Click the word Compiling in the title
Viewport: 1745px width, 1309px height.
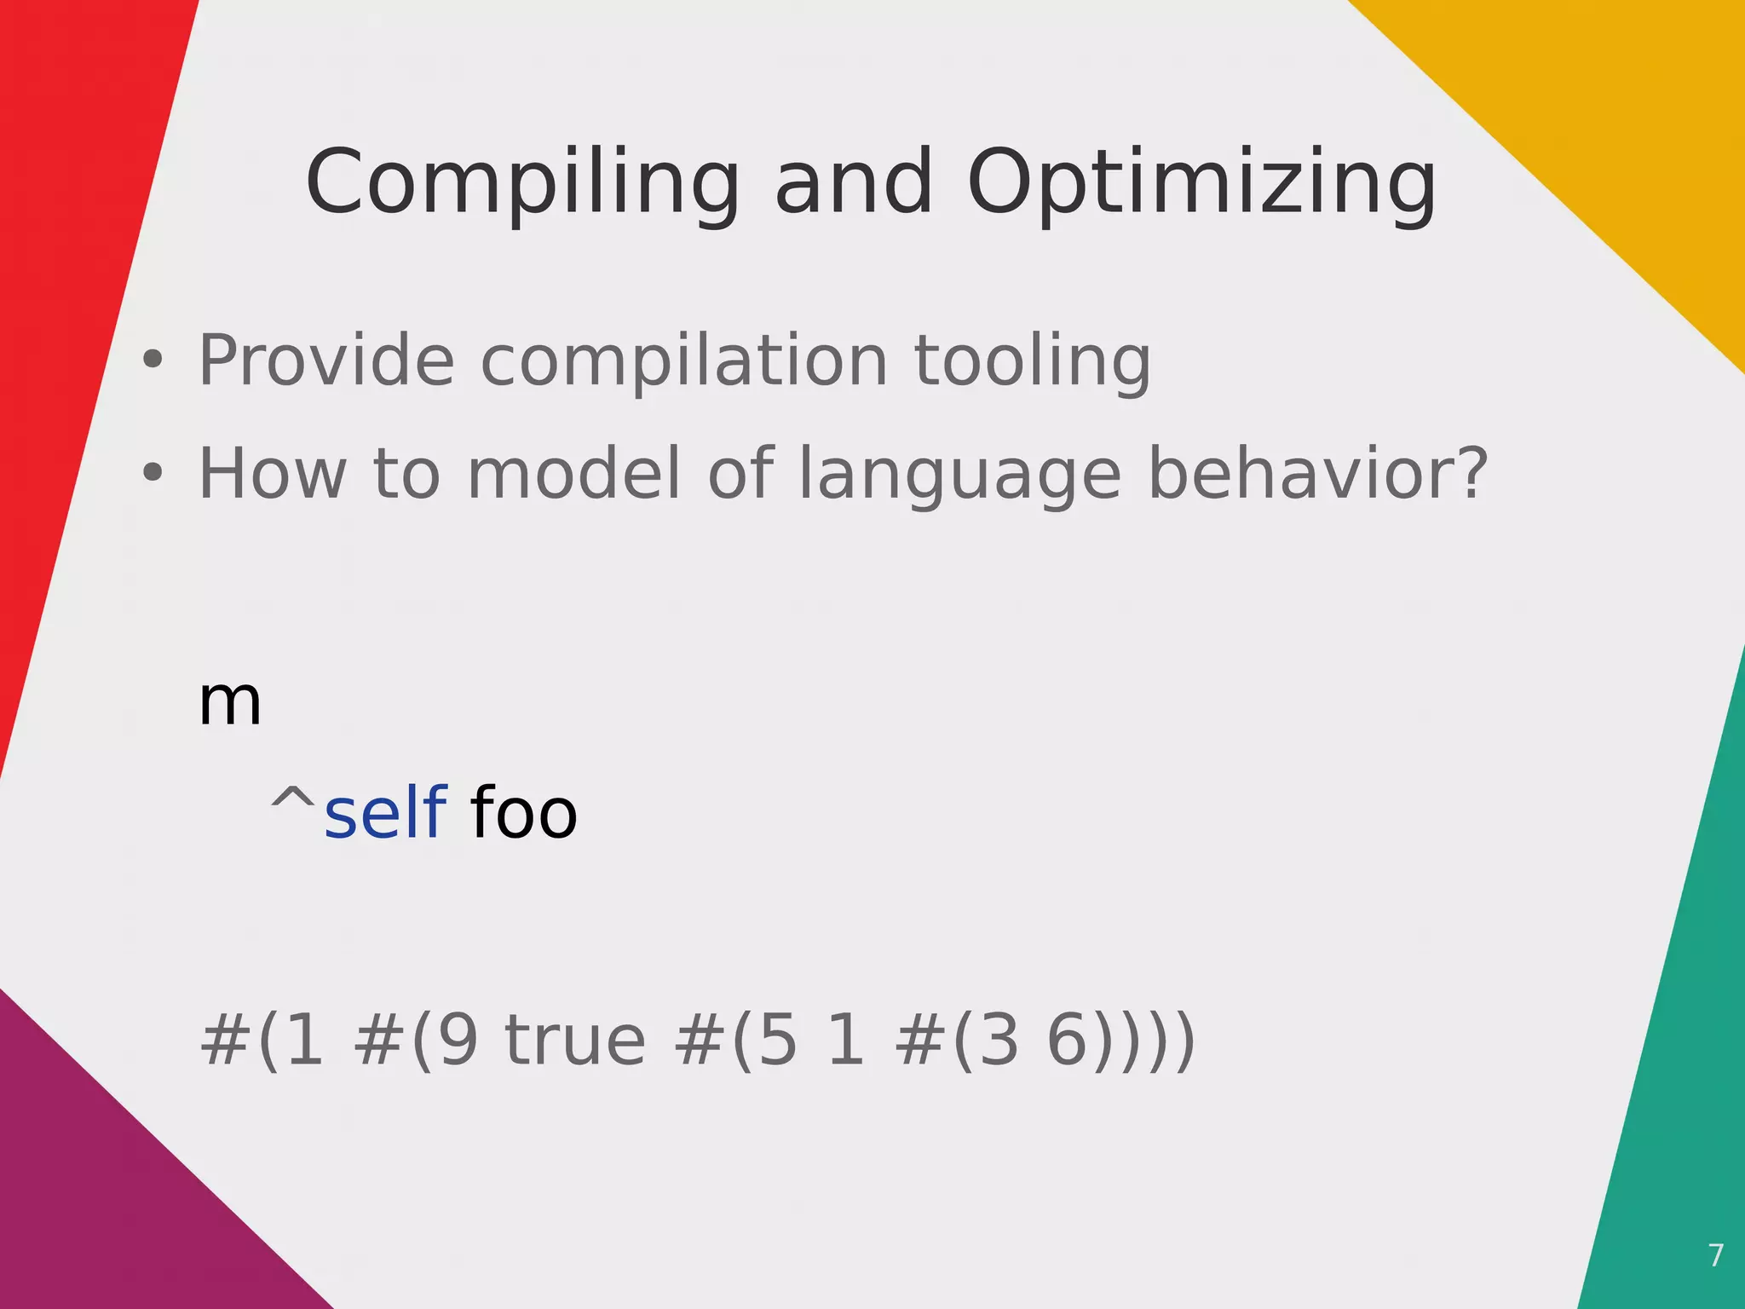pyautogui.click(x=522, y=183)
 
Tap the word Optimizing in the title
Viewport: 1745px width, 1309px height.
pyautogui.click(x=1201, y=183)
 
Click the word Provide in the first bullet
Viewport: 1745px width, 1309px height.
pyautogui.click(x=326, y=360)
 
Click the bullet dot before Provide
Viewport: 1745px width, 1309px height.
pyautogui.click(x=153, y=360)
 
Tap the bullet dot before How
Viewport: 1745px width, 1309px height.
pyautogui.click(x=153, y=472)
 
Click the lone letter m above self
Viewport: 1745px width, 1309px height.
pyautogui.click(x=229, y=703)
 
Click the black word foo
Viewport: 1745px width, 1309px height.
pyautogui.click(x=523, y=814)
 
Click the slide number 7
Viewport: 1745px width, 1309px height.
pyautogui.click(x=1715, y=1255)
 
